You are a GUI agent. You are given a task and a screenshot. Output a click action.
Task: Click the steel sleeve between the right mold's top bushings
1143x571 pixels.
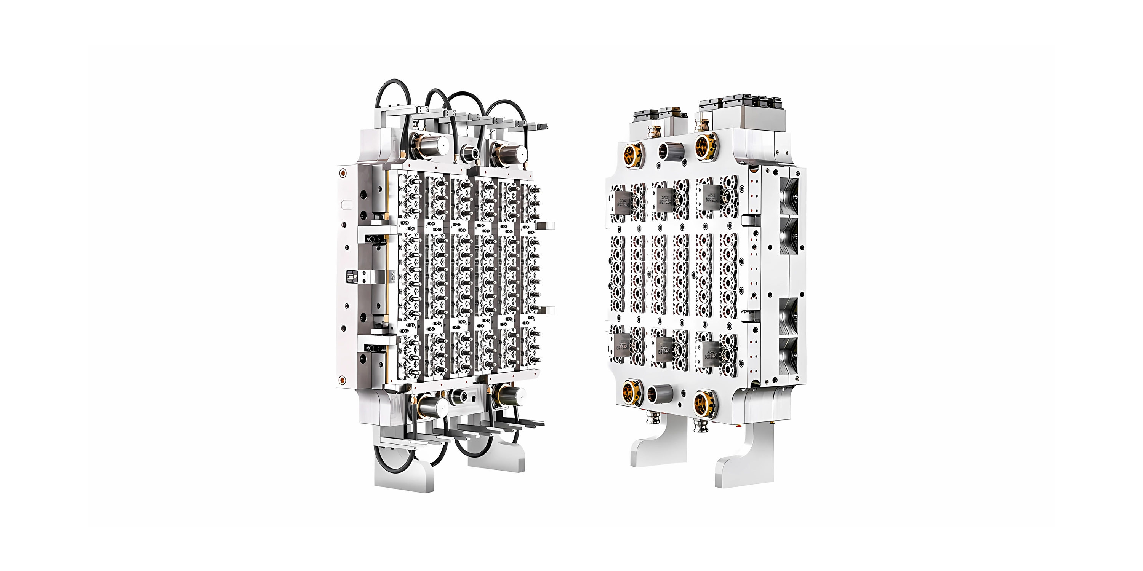click(x=668, y=151)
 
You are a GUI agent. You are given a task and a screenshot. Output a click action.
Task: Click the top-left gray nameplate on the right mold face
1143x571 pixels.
click(x=623, y=202)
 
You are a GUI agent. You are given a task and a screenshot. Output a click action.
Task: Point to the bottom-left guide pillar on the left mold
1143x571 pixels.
click(x=432, y=406)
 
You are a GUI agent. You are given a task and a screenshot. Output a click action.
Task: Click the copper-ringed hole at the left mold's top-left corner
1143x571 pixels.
click(x=342, y=172)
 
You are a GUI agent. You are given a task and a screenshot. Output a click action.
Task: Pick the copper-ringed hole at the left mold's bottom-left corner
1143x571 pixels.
click(x=342, y=380)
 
